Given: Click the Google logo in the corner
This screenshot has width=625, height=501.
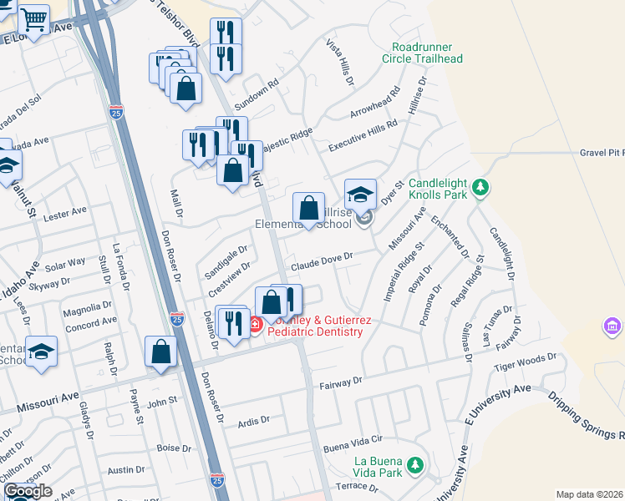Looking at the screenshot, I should [27, 492].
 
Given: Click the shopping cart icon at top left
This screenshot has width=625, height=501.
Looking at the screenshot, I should [33, 18].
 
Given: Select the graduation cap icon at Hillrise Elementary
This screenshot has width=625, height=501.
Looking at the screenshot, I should [360, 195].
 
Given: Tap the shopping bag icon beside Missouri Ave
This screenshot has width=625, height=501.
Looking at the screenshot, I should [161, 352].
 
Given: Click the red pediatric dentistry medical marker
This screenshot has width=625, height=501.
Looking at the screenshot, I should [255, 322].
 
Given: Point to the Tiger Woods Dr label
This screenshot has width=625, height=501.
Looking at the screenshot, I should [525, 361].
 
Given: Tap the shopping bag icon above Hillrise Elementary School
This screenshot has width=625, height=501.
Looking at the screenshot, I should [309, 208].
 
